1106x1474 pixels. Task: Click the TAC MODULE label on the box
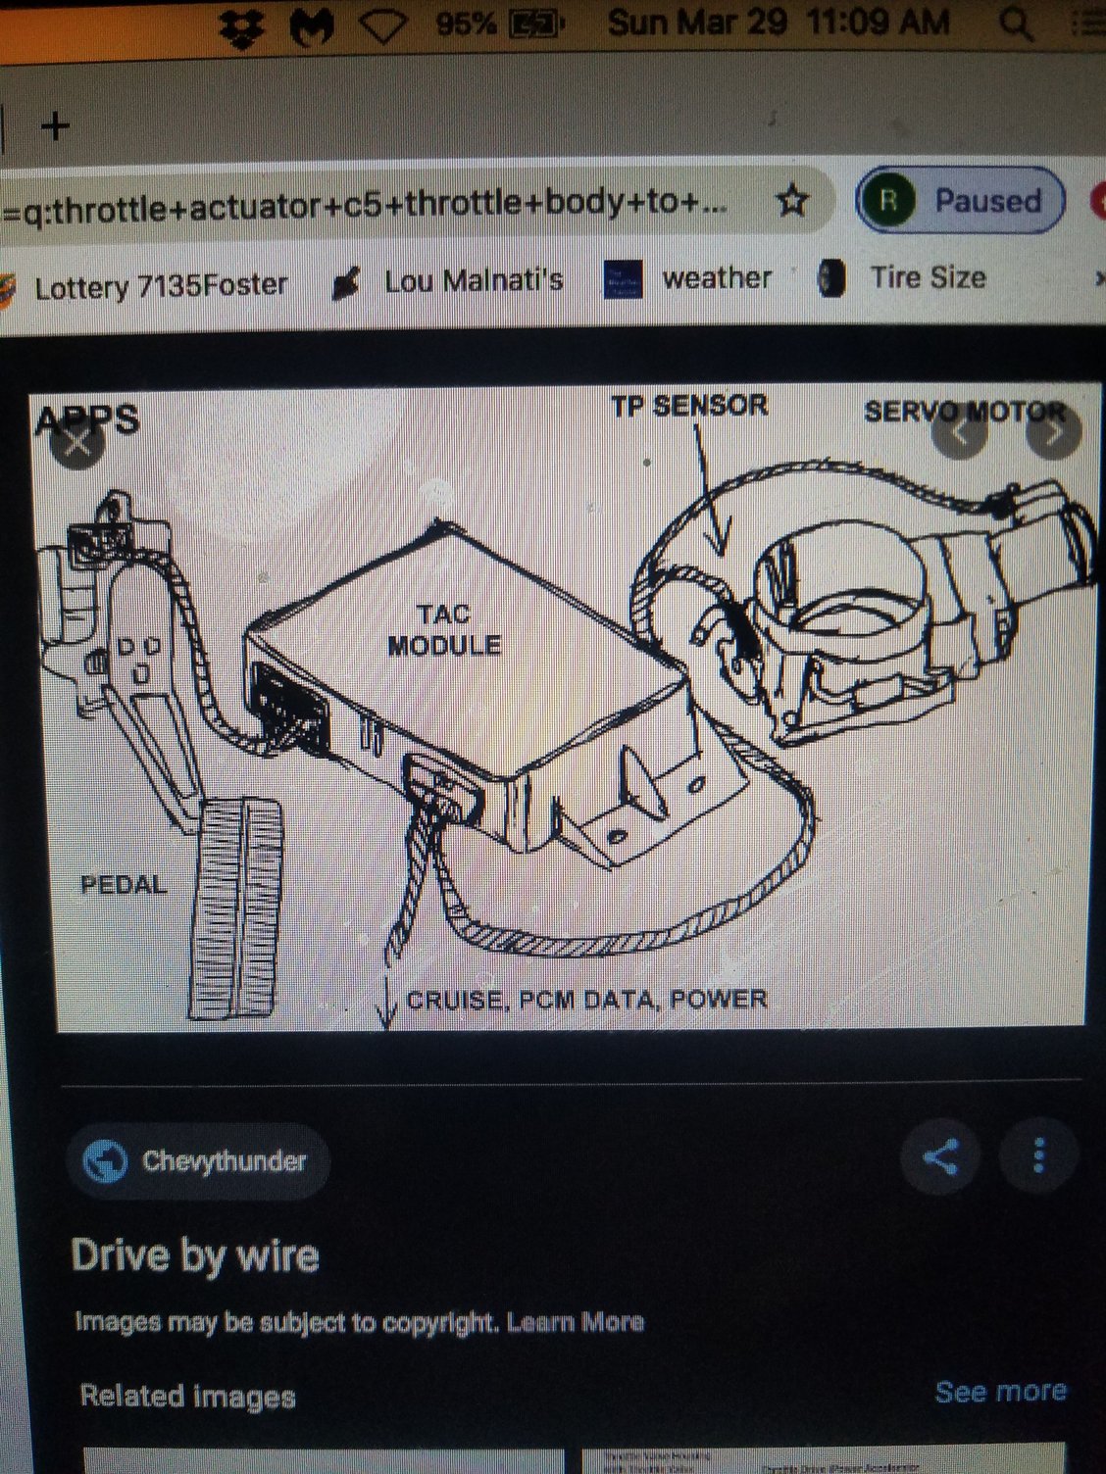click(444, 630)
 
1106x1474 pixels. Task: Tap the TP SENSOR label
click(689, 406)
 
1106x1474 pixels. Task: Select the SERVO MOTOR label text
click(964, 412)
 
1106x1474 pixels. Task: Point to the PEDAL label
click(124, 885)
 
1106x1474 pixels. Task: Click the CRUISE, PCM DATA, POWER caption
click(586, 1000)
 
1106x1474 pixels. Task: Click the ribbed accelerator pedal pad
click(235, 907)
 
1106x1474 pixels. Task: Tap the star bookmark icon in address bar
click(792, 201)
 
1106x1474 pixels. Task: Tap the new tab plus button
click(55, 125)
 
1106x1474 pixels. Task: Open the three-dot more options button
click(1038, 1156)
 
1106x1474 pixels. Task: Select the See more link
click(1000, 1392)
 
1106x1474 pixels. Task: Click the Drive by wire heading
click(195, 1256)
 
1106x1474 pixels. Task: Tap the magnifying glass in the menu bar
click(1016, 25)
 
